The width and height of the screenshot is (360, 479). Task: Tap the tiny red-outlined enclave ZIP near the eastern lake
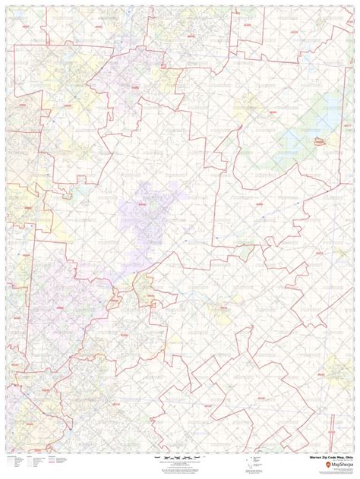[319, 140]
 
